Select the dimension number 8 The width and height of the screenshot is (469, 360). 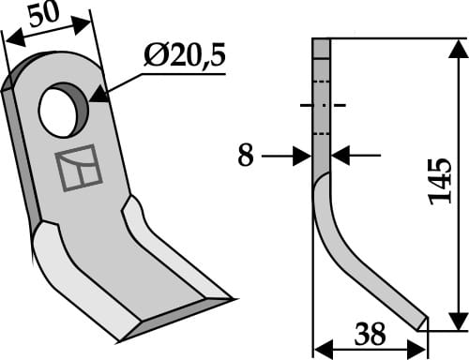pyautogui.click(x=245, y=156)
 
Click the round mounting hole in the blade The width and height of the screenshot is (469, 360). pyautogui.click(x=62, y=109)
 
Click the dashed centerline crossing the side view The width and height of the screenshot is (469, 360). pyautogui.click(x=322, y=104)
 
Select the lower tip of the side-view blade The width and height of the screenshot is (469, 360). pyautogui.click(x=422, y=323)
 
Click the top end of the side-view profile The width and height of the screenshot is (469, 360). pyautogui.click(x=322, y=41)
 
